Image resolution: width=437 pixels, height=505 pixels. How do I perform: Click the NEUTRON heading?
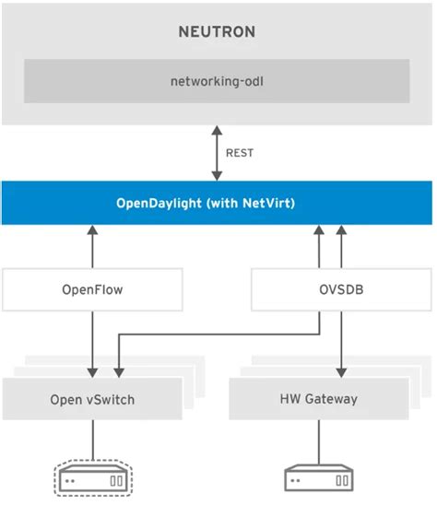pos(218,32)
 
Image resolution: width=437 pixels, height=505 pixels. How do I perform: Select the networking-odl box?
pos(218,81)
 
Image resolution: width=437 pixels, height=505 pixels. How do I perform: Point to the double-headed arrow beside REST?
pos(218,153)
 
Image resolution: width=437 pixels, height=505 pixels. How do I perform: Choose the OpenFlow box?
pos(92,290)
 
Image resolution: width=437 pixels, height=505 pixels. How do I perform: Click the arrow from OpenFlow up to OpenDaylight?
pos(93,249)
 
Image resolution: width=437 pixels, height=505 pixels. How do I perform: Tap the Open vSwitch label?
pos(93,399)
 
